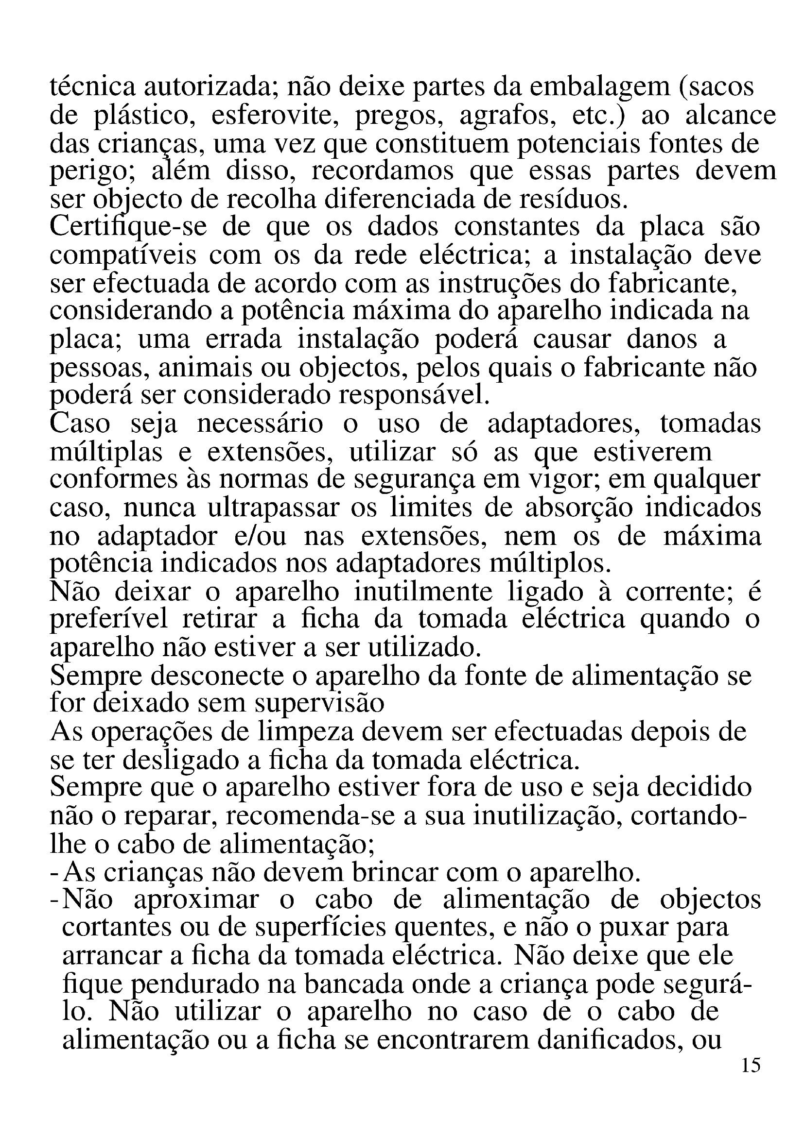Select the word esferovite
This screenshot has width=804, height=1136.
click(x=275, y=116)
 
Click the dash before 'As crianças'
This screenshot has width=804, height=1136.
click(x=55, y=873)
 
